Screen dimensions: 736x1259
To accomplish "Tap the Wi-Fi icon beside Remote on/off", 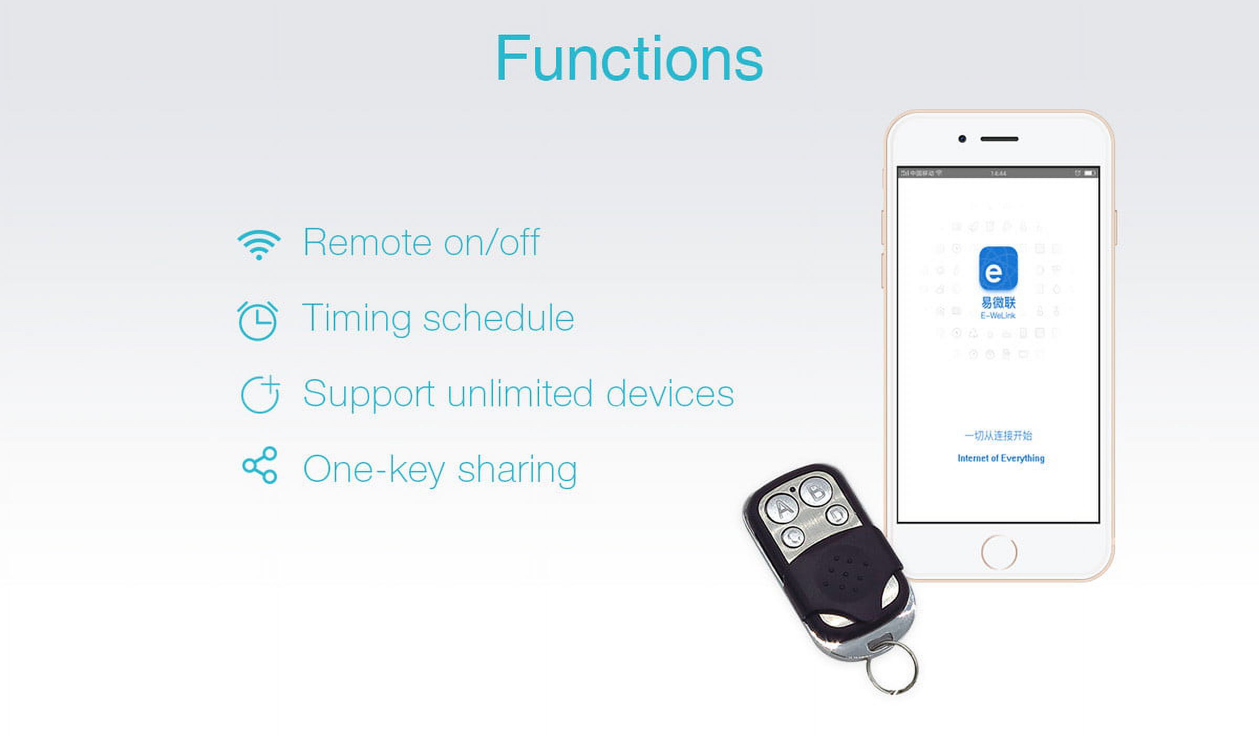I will click(x=259, y=244).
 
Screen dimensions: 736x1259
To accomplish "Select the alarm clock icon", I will click(x=258, y=320).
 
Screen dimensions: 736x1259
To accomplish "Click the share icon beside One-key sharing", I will click(x=260, y=465).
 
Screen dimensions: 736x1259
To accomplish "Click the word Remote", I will click(x=367, y=243).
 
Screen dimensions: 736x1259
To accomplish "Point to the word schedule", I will click(x=498, y=318).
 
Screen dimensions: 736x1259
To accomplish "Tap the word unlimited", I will click(x=519, y=394).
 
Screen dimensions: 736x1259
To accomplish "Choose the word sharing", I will click(x=517, y=469).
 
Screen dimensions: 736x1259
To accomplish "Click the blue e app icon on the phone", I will click(x=998, y=268).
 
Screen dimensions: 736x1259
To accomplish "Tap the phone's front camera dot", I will click(x=962, y=139).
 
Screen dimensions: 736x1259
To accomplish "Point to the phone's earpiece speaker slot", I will click(x=999, y=139).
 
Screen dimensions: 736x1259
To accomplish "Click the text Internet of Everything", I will click(x=1001, y=458).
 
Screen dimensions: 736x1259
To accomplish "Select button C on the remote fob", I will click(x=793, y=537).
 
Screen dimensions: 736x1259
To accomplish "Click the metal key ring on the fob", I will click(x=892, y=669).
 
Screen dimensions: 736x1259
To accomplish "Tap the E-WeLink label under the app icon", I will click(x=998, y=316).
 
